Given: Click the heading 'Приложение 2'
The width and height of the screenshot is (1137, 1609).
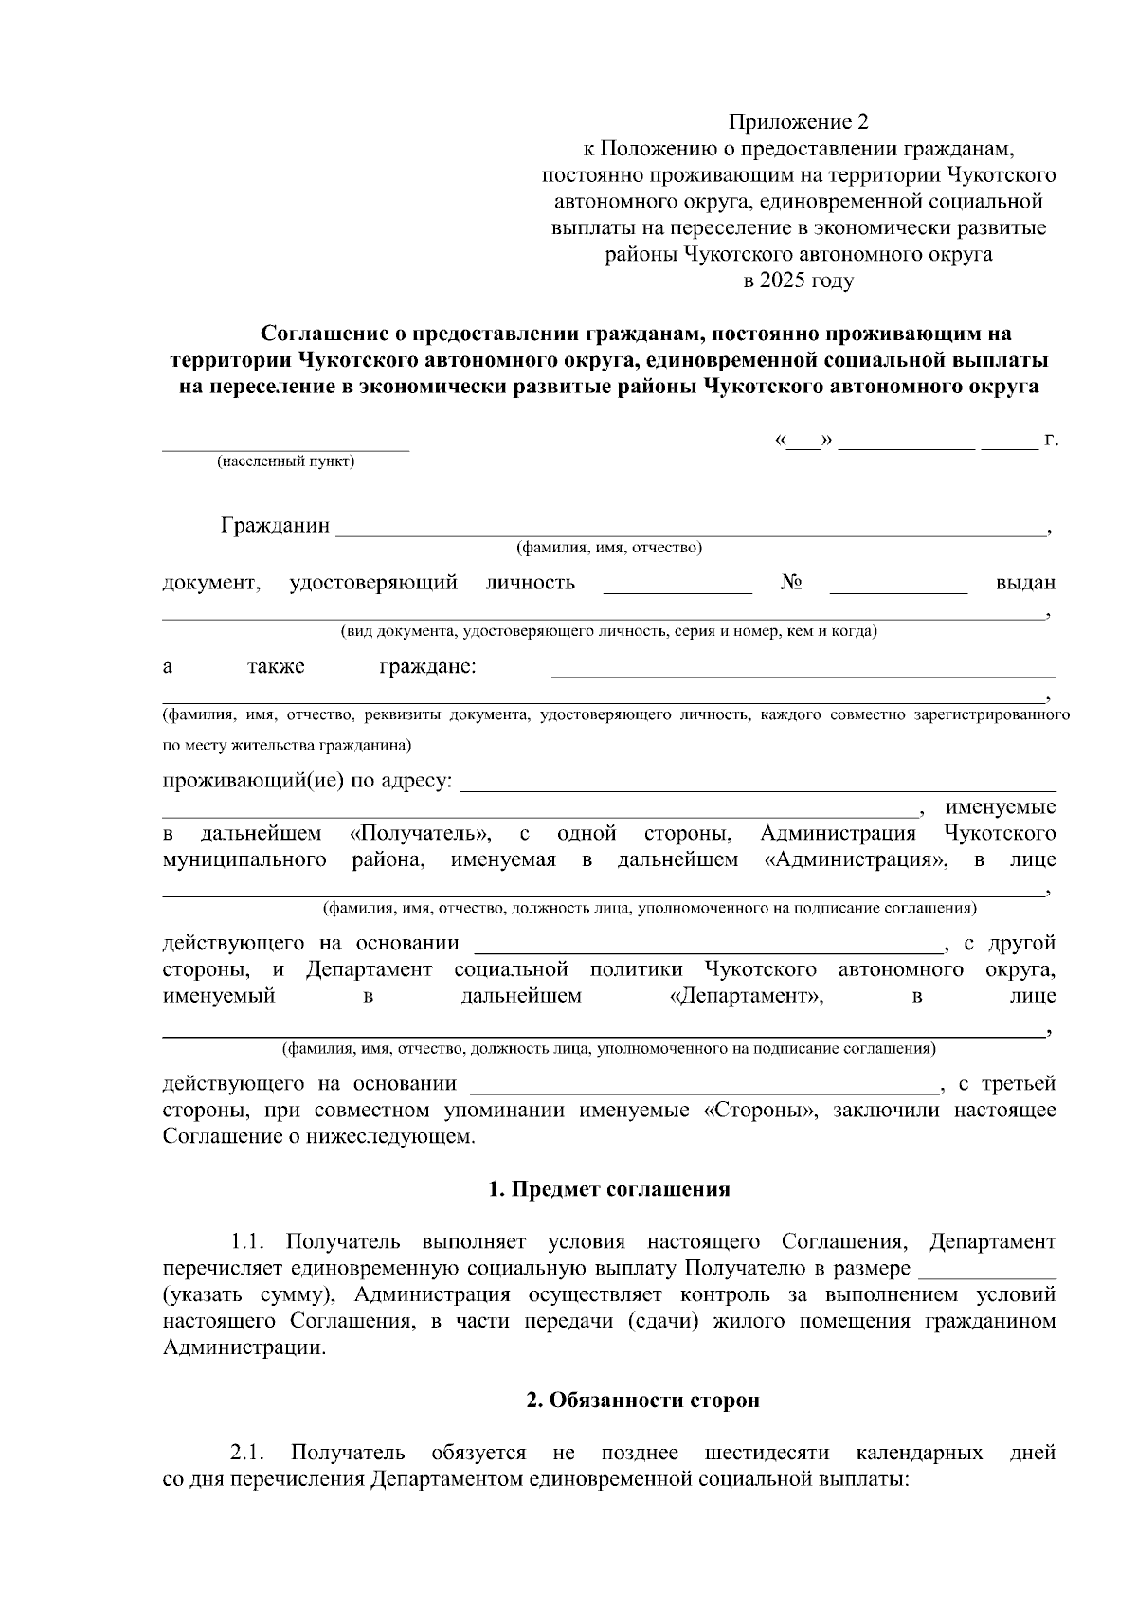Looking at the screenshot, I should click(x=798, y=122).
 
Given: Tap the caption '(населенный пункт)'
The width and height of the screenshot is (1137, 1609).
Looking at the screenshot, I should click(x=285, y=462).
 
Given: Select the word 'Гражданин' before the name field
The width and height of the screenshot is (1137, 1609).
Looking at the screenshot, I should click(x=276, y=525).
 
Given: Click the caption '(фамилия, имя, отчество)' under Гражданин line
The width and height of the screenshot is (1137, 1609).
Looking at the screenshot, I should click(x=608, y=548).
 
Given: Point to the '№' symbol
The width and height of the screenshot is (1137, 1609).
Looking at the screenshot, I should click(x=791, y=582).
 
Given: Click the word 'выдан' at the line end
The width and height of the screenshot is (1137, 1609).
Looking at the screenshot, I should click(x=1025, y=583).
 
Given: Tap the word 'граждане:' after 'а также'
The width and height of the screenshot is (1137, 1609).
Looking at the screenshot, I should click(x=427, y=666).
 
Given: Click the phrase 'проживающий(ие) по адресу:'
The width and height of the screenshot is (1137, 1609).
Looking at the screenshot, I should click(x=308, y=782).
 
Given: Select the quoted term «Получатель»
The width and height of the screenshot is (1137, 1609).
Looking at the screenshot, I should click(x=420, y=834).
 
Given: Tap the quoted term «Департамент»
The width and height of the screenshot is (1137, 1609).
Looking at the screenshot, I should click(x=746, y=996).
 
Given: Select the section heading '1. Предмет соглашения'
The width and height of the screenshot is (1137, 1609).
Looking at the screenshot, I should click(x=608, y=1190).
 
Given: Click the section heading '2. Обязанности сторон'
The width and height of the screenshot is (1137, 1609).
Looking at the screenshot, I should click(x=642, y=1401).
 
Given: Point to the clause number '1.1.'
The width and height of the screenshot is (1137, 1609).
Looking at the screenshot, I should click(x=252, y=1242).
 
